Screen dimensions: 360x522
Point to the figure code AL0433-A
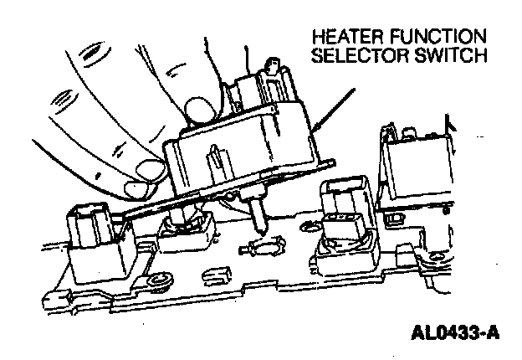tap(455, 333)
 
